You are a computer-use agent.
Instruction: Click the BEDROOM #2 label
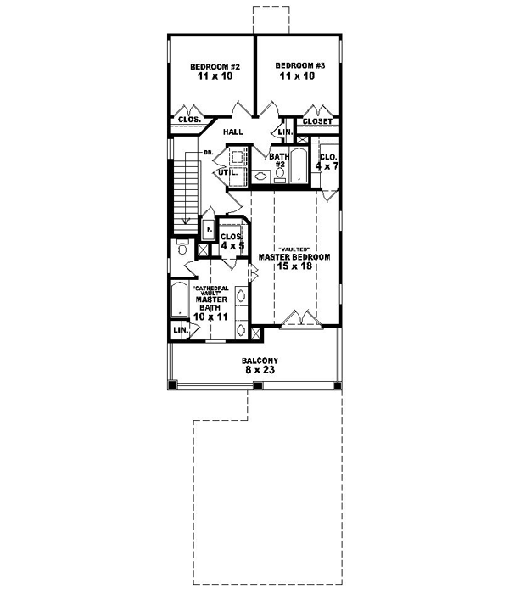211,66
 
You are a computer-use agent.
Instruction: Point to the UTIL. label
226,172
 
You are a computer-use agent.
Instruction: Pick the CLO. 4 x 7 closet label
328,161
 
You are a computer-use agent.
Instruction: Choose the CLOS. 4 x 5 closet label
232,242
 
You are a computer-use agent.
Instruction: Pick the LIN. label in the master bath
181,329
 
